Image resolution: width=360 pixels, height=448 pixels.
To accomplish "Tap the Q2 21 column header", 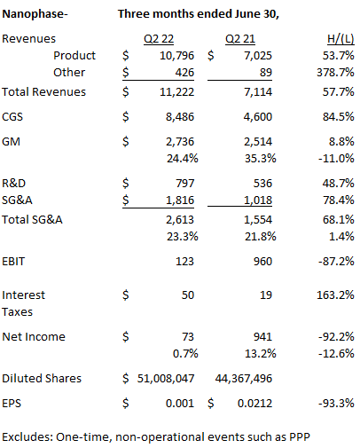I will (239, 40).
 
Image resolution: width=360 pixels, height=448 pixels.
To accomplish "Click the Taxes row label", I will (18, 310).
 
